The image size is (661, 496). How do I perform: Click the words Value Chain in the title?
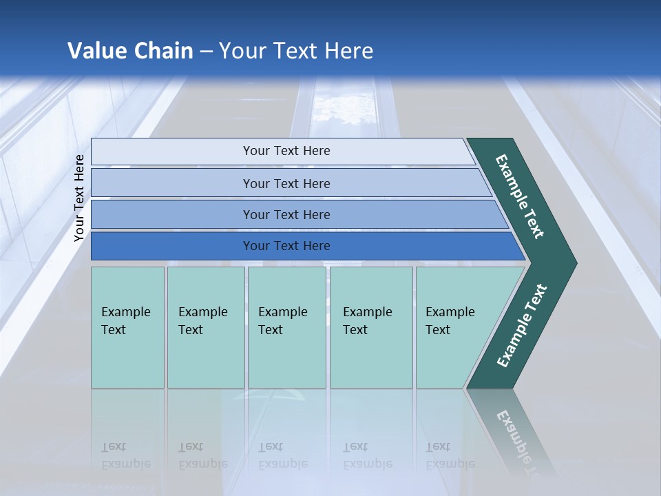click(130, 51)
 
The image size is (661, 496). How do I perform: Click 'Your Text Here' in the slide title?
click(296, 51)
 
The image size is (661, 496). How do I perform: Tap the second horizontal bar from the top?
click(172, 183)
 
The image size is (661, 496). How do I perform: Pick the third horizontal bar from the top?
click(172, 214)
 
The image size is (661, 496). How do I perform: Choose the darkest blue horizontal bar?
click(172, 246)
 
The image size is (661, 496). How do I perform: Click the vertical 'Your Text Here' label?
click(79, 198)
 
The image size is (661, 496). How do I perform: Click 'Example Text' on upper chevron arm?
click(520, 196)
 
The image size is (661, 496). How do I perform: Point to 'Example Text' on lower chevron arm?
click(522, 326)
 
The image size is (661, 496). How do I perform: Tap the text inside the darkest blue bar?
click(286, 246)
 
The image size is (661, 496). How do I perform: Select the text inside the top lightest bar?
click(286, 151)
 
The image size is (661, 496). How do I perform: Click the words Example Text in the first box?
click(125, 321)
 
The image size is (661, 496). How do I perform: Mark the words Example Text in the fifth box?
click(450, 321)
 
